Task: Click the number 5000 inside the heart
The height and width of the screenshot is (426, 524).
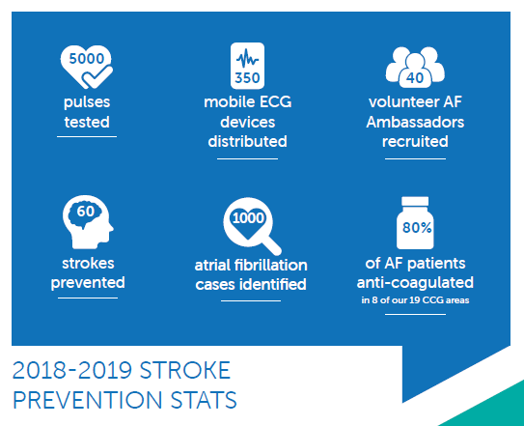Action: coord(87,59)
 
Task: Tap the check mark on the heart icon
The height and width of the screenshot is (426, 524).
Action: coord(97,76)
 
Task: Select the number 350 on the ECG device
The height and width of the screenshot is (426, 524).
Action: coord(247,78)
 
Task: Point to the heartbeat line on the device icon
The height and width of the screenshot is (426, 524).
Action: coord(247,59)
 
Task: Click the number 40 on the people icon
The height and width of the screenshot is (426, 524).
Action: coord(415,78)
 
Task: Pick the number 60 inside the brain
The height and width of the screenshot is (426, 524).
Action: coord(86,212)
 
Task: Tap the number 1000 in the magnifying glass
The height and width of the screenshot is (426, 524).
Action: coord(248,218)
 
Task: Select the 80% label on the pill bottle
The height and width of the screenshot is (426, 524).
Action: coord(417,228)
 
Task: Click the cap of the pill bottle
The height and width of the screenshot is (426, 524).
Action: coord(415,201)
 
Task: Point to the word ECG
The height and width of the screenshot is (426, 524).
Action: coord(275,101)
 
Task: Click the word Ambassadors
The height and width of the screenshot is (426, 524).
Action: coord(415,122)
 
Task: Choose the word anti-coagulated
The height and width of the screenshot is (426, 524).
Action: coord(415,283)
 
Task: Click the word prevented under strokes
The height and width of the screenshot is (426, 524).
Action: coord(88,283)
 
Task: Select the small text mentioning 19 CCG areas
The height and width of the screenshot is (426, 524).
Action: coord(415,300)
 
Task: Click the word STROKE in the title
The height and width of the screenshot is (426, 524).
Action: coord(185,370)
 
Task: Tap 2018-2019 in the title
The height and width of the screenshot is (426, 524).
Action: coord(72,370)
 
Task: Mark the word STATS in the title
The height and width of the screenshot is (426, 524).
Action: coord(204,400)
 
